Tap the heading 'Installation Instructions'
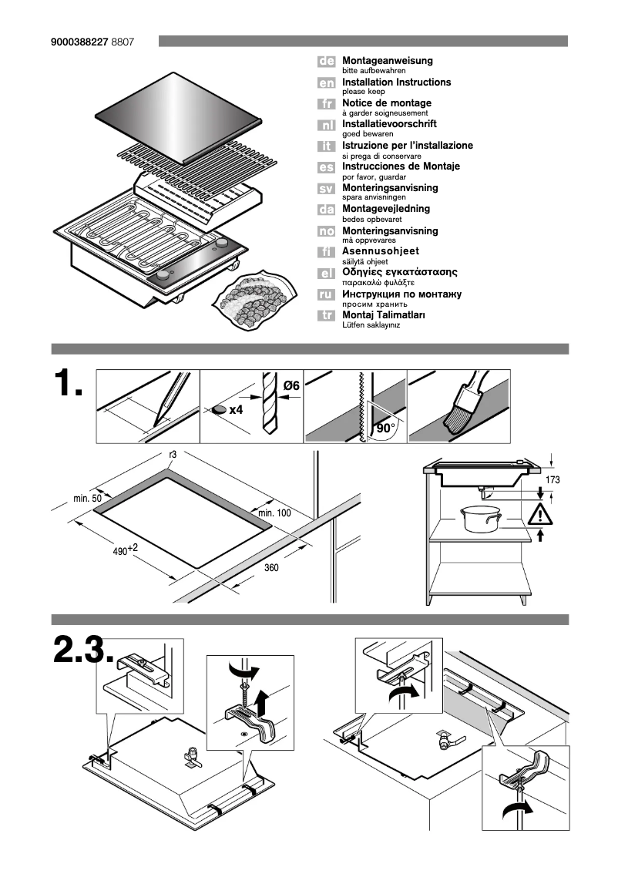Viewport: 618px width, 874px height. [396, 82]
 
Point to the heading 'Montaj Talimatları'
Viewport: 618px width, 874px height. [383, 314]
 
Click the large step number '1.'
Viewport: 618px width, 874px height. [69, 384]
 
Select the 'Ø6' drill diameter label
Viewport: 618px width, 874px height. [291, 384]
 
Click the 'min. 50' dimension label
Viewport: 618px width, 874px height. [88, 499]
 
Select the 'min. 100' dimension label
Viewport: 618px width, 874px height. [274, 513]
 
